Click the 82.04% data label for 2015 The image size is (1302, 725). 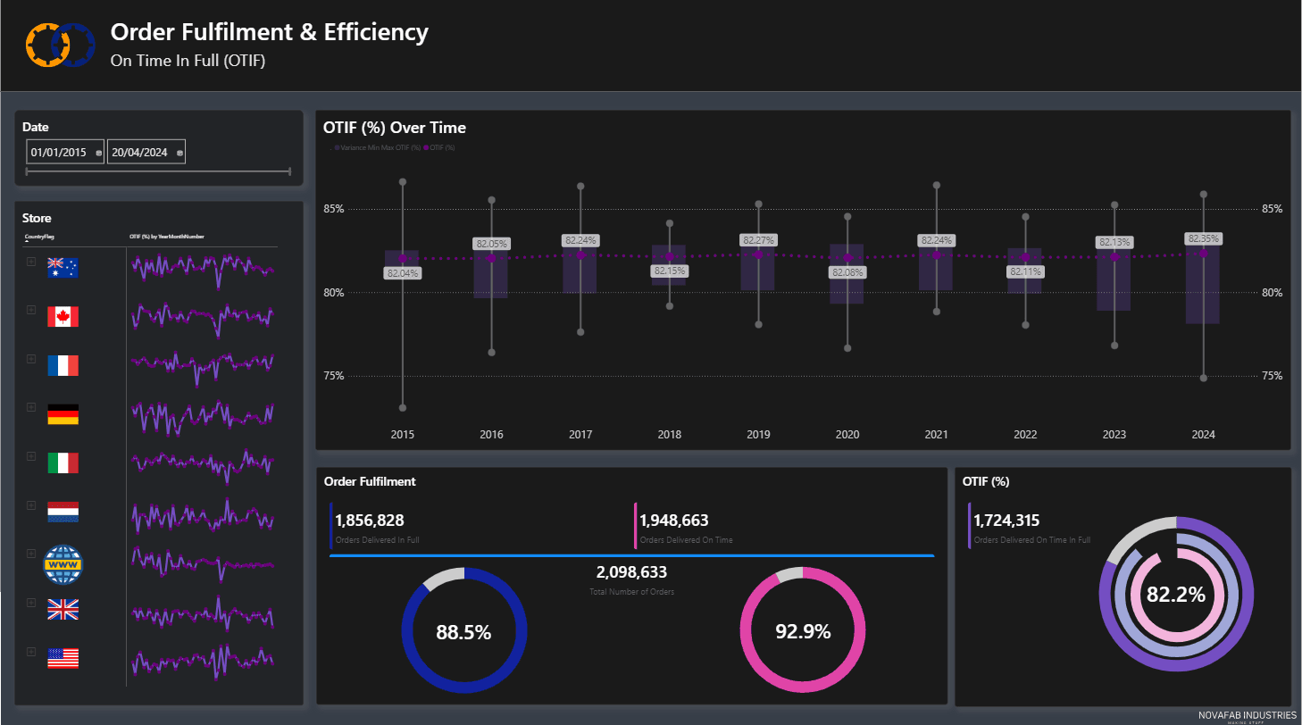coord(403,273)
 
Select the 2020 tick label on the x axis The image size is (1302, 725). coord(847,435)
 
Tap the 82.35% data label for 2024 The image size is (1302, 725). coord(1203,238)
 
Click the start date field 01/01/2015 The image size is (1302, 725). coord(59,153)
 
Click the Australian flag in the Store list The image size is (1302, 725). coord(63,267)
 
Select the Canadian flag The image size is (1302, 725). coord(63,316)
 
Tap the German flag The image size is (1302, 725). coord(63,414)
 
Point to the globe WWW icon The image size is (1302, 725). coord(63,562)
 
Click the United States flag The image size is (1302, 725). coord(63,659)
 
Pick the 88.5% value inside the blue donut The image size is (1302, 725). coord(463,632)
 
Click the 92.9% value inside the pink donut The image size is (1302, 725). coord(803,631)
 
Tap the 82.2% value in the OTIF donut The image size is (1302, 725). coord(1176,594)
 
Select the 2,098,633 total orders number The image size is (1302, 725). coord(631,572)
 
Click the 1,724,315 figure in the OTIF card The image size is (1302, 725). coord(1006,521)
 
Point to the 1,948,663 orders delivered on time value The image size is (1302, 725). coord(673,521)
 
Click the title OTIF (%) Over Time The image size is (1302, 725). coord(395,128)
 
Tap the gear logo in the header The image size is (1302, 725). coord(60,43)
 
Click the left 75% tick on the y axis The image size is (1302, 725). coord(335,376)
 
